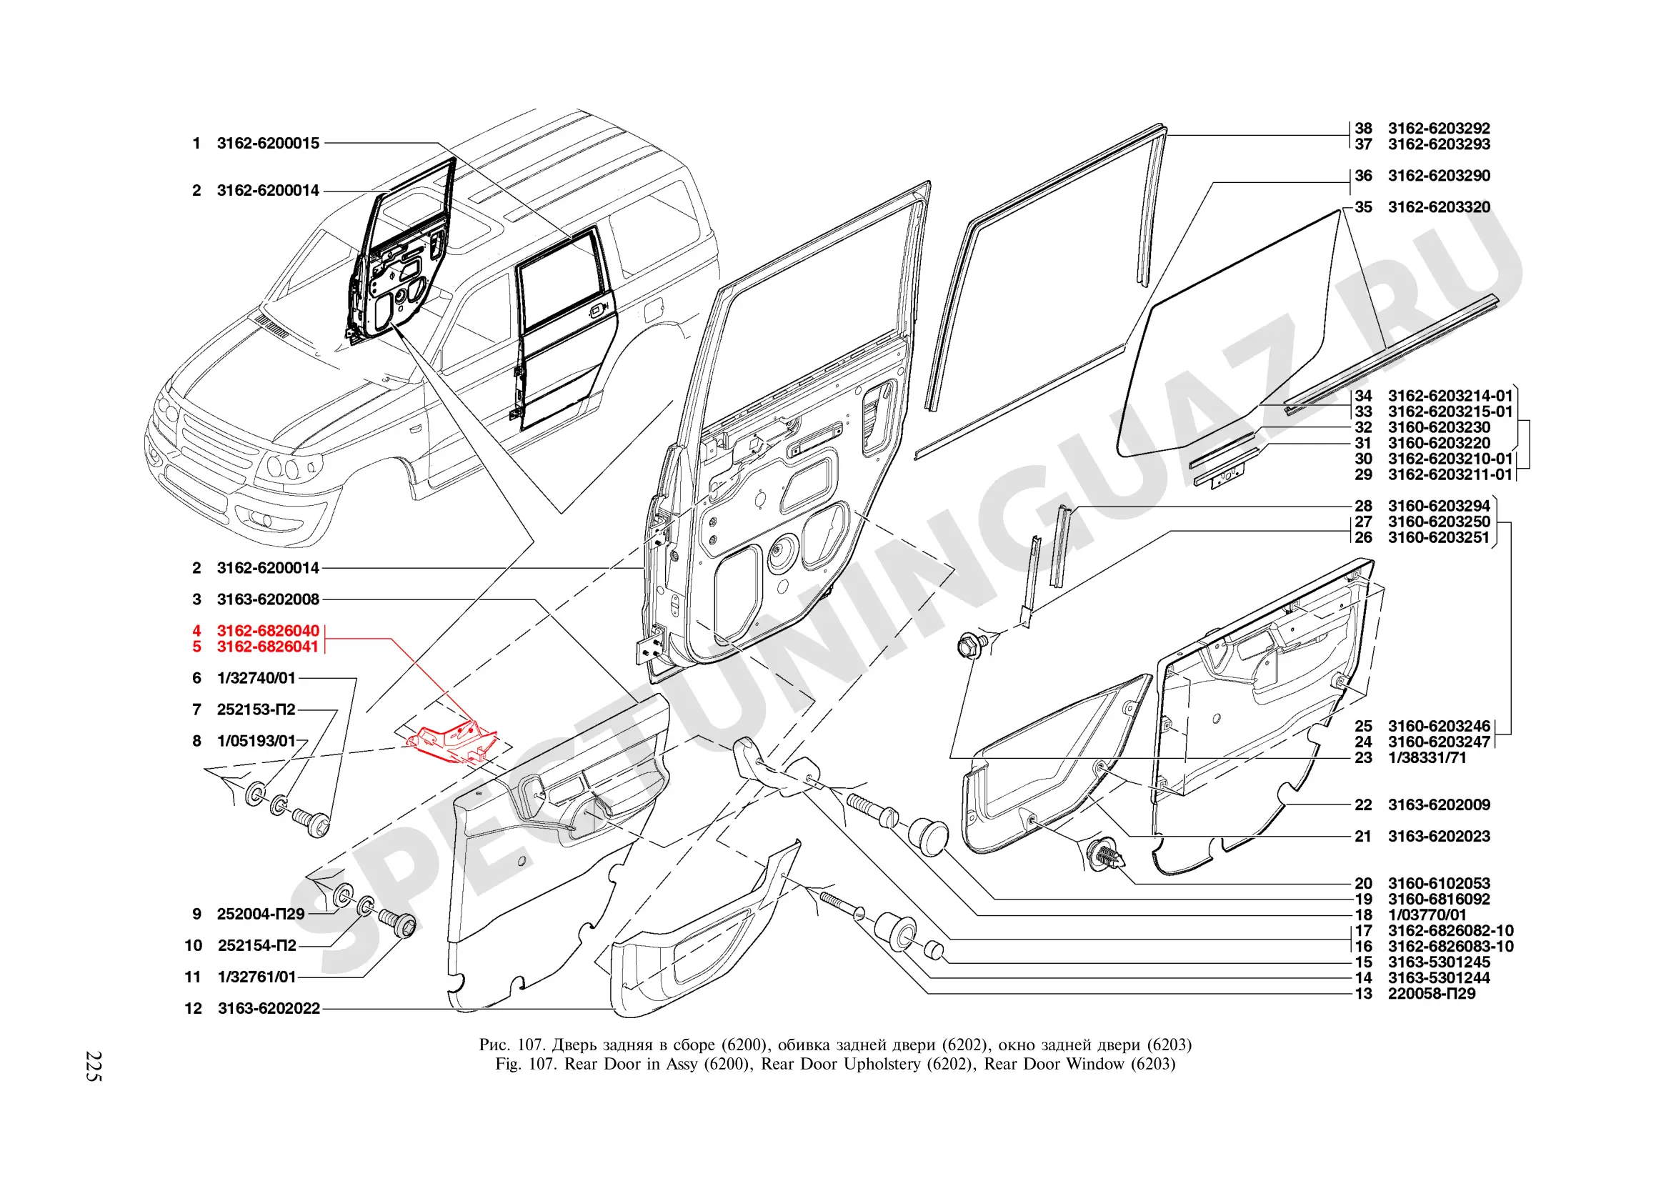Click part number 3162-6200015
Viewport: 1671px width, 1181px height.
[268, 144]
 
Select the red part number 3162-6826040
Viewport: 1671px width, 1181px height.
[268, 631]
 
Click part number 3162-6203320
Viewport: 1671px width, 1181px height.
[1439, 207]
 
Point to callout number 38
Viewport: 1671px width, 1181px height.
[1362, 128]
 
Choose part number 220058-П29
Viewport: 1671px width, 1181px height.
[1431, 994]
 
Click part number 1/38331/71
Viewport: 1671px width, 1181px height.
[1427, 757]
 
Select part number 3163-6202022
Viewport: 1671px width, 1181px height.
[269, 1009]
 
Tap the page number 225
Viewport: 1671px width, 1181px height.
[94, 1066]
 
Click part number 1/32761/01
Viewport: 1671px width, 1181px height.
[257, 977]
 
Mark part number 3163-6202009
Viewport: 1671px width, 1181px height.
[1439, 804]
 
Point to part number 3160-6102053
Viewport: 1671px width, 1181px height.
[1439, 883]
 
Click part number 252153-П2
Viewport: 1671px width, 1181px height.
[256, 709]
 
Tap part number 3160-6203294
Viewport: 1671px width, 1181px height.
[1439, 506]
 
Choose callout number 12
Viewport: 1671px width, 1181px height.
[193, 1009]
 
